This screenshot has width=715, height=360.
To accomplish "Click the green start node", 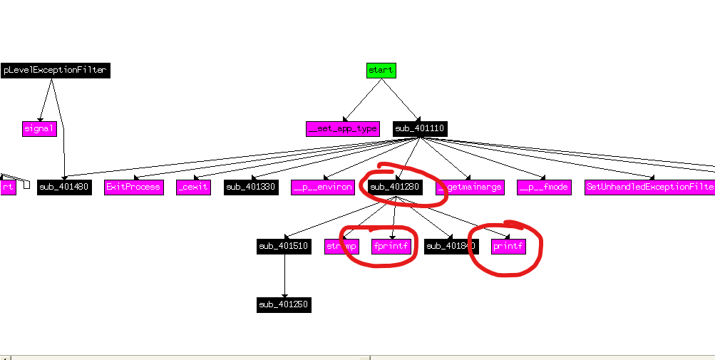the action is tap(381, 70).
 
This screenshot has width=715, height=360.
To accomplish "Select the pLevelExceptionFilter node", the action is tap(55, 70).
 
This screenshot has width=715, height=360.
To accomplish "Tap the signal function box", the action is tap(39, 129).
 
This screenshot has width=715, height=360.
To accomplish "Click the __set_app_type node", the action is tap(343, 129).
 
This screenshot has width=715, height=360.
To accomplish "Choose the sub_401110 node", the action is tap(421, 129).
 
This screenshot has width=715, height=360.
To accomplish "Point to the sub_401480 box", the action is tap(64, 187).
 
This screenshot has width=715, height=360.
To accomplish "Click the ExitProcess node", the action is tap(133, 187).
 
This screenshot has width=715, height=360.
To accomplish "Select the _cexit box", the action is tap(193, 187).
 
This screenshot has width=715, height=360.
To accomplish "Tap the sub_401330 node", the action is tap(251, 187).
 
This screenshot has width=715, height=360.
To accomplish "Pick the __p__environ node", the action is tap(323, 187).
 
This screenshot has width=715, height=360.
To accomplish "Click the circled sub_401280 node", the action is tap(396, 187).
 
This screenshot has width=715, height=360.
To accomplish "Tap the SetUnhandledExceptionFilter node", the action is tap(649, 187).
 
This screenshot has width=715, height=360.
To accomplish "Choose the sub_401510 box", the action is tap(284, 247).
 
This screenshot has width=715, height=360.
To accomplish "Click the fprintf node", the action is tap(391, 247).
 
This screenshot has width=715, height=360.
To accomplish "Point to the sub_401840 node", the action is tap(451, 247).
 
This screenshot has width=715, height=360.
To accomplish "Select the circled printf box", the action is tap(508, 247).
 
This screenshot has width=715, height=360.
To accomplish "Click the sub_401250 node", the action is tap(284, 305).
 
